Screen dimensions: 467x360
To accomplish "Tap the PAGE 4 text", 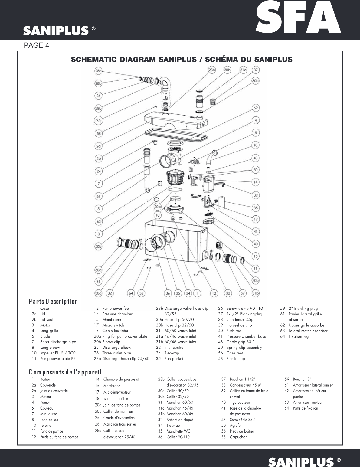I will (x=36, y=45).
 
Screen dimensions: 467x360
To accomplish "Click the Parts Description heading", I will (x=53, y=301).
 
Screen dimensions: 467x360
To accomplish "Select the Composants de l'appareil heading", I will (x=65, y=372).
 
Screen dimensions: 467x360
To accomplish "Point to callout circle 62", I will (x=256, y=108).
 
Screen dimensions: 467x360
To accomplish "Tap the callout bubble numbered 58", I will (x=98, y=133).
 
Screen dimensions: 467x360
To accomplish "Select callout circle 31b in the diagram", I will (x=256, y=293).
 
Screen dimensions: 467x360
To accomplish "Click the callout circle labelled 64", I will (x=131, y=293).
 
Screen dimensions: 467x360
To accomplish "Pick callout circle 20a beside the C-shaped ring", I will (x=157, y=207).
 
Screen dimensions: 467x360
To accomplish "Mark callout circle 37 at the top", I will (x=256, y=70).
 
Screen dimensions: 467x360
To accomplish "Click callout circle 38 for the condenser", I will (x=256, y=208).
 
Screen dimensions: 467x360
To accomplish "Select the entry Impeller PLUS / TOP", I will (x=58, y=353).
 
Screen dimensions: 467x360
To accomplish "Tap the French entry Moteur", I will (x=46, y=397).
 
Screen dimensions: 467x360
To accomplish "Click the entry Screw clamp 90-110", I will (x=244, y=309).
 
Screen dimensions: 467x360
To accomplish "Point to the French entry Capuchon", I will (x=238, y=437).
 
